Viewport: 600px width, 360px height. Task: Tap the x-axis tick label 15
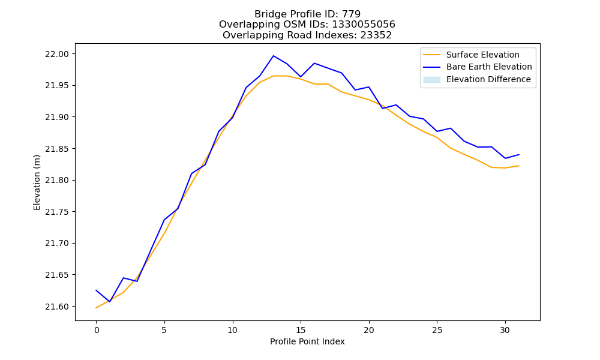tap(301, 330)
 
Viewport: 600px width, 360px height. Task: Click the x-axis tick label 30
tap(505, 330)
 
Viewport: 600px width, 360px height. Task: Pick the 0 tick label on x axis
tap(96, 330)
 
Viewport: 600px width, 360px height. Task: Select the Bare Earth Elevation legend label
tap(489, 67)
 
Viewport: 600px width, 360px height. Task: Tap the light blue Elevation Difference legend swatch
tap(431, 80)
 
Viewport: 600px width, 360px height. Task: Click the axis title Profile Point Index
tap(307, 341)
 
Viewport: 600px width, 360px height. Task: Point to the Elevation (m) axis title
tap(37, 182)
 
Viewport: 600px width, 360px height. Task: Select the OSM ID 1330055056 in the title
tap(364, 25)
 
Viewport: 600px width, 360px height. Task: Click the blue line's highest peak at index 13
tap(273, 56)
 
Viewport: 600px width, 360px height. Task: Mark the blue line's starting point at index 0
tap(96, 290)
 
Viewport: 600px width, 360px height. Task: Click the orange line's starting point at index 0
tap(96, 308)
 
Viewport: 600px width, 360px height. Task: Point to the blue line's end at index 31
tap(519, 155)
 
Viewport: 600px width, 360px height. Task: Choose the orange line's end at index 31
tap(519, 166)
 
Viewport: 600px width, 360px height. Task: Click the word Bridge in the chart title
tap(268, 14)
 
